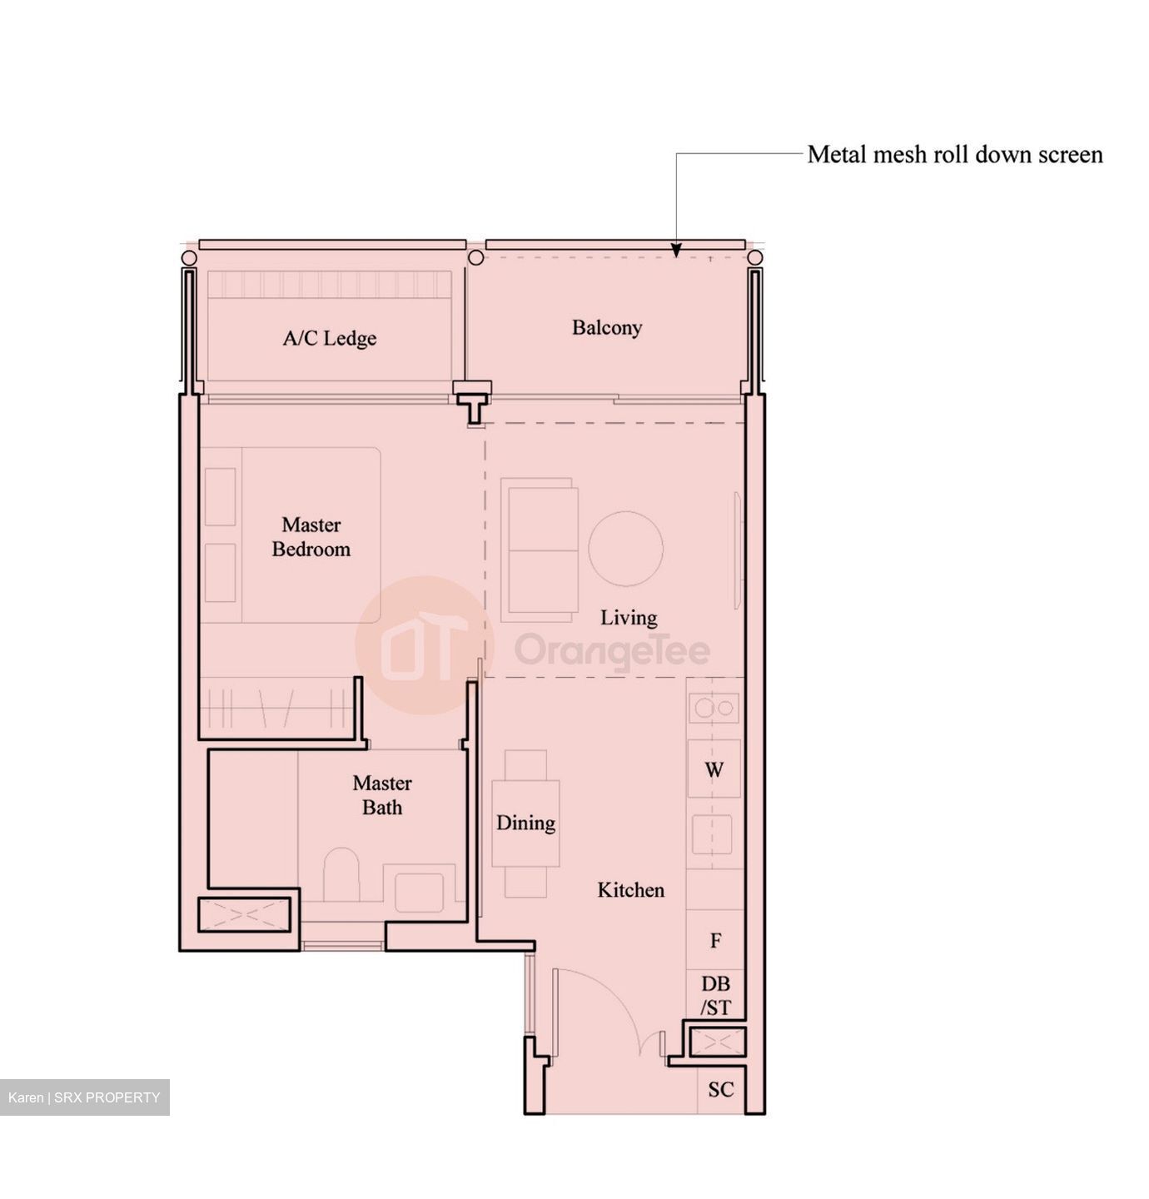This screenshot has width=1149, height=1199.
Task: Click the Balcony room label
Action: (606, 328)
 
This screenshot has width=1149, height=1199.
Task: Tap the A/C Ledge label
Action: (329, 338)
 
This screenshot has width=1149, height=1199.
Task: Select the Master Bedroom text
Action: (311, 537)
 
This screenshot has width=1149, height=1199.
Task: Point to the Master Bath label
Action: (382, 795)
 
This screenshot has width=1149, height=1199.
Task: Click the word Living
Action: (629, 618)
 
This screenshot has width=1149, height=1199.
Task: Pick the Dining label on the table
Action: (525, 823)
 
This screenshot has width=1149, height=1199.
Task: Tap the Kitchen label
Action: (631, 890)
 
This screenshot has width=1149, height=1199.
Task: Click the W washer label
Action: (714, 769)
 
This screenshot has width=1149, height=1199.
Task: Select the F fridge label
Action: (715, 941)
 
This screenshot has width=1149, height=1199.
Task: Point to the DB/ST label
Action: (715, 995)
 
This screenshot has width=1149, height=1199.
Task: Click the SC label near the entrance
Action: (720, 1089)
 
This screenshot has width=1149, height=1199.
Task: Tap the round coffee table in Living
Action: (625, 549)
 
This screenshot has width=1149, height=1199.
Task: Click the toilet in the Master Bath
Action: (341, 874)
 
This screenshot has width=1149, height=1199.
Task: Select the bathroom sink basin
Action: (419, 892)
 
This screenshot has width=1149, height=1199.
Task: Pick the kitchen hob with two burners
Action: (714, 708)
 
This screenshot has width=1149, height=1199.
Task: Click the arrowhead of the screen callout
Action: (676, 250)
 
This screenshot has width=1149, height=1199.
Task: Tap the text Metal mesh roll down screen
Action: (954, 155)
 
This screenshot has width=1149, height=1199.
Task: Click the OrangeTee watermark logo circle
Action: (425, 645)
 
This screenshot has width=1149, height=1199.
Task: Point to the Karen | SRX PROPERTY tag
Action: (84, 1097)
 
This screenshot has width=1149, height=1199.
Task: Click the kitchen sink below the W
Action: (712, 835)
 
